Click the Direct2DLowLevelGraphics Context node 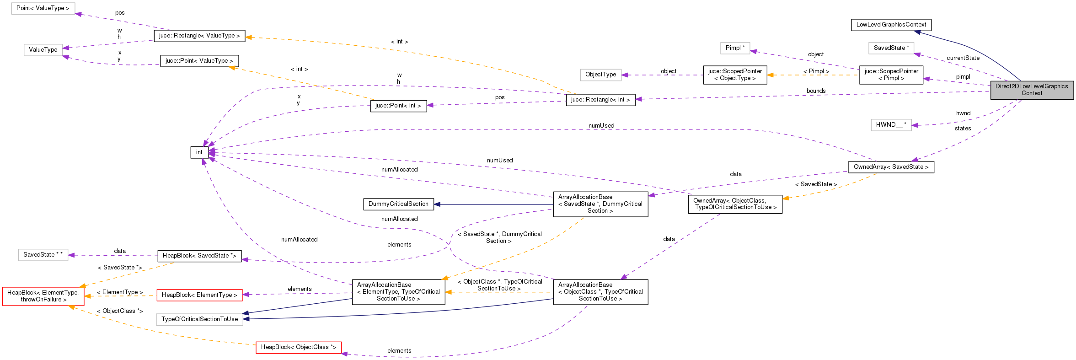coord(1032,90)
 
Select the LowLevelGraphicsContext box coord(891,25)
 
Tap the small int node coord(199,152)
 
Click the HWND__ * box coord(891,124)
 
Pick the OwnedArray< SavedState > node coord(891,167)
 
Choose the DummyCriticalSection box coord(398,204)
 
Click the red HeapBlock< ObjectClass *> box coord(298,347)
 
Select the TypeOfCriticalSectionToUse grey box coord(199,319)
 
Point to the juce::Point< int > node coord(398,106)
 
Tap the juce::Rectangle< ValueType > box coord(199,36)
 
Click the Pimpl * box coord(735,48)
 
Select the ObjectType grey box coord(600,75)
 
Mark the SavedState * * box coord(43,255)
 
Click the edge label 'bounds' coord(816,91)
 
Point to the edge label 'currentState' coord(963,58)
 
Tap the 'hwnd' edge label coord(963,113)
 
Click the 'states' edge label coord(963,129)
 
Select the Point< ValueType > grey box coord(43,8)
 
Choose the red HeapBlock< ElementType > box coord(199,295)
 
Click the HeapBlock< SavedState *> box coord(199,256)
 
